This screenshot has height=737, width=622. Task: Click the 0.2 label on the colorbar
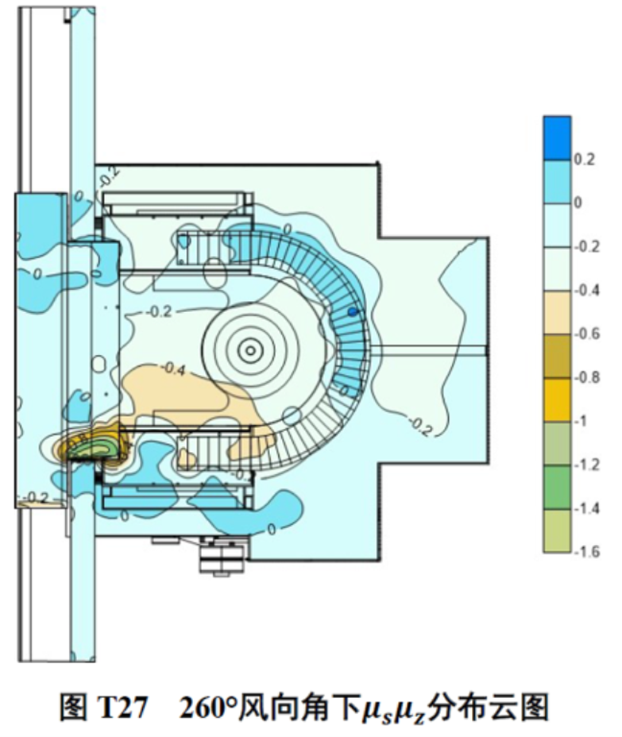(x=585, y=160)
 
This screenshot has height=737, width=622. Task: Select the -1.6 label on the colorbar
(x=587, y=551)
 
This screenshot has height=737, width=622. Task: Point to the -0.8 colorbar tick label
(x=587, y=377)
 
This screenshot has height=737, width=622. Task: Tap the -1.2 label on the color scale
(x=587, y=465)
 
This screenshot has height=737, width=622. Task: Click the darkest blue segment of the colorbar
(x=557, y=139)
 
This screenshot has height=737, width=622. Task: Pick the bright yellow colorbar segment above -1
(x=557, y=399)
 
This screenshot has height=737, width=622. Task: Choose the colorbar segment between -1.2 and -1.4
(x=557, y=487)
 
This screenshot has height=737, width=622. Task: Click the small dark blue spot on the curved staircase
(x=353, y=311)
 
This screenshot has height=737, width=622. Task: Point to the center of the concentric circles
(x=250, y=350)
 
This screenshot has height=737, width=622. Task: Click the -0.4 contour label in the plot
(x=173, y=369)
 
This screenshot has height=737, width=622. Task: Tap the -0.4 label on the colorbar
(x=587, y=290)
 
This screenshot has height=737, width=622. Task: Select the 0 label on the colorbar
(x=578, y=203)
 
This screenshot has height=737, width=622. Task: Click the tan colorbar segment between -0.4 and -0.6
(x=557, y=313)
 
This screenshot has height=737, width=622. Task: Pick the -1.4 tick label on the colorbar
(x=587, y=508)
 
